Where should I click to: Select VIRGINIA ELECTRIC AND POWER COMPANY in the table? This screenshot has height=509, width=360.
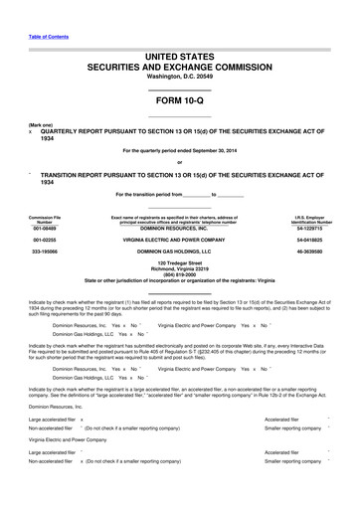coord(180,240)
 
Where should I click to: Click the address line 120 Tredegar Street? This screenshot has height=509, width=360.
coord(180,263)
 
